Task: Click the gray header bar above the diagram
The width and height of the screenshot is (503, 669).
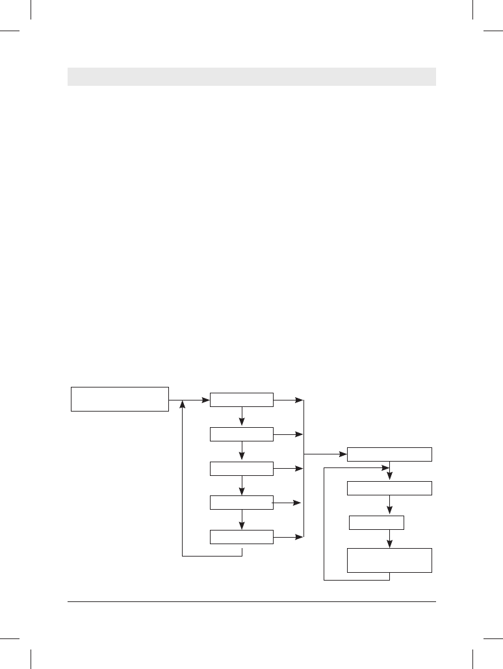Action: coord(251,76)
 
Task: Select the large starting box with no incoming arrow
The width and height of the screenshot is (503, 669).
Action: coord(120,399)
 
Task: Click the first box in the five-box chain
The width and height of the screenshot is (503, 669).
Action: coord(242,400)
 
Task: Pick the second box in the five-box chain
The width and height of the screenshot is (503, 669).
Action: coord(242,434)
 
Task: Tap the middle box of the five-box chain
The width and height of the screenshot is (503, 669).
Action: coord(242,468)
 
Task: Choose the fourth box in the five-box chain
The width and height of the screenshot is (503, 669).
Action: coord(242,503)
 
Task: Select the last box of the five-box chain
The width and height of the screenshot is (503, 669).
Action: coord(242,536)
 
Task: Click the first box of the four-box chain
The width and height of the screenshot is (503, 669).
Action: coord(389,454)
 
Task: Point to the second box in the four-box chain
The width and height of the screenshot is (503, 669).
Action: coord(389,488)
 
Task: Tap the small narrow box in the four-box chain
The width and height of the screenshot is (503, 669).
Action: coord(376,523)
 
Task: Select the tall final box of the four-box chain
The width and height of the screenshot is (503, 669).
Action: coord(389,560)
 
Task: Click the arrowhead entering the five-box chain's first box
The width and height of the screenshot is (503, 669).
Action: coord(205,400)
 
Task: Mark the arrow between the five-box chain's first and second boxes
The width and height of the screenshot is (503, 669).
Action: coord(242,417)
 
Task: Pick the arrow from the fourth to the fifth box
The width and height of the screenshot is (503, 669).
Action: coord(242,519)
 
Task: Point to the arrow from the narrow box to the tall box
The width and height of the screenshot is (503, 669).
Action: coord(389,539)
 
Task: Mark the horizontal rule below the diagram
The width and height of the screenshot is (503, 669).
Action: coord(251,601)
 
